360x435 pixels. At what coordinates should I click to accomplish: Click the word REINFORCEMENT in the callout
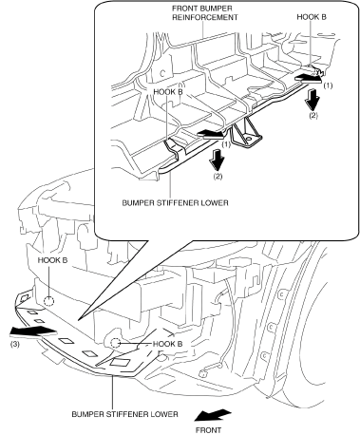pos(204,17)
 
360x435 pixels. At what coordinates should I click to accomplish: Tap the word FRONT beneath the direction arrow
pos(208,430)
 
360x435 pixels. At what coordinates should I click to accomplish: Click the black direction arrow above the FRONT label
pos(213,415)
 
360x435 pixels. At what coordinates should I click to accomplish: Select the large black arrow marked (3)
pos(33,331)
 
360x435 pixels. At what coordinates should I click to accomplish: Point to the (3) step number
pos(15,344)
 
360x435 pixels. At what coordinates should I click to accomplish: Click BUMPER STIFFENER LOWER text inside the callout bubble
pos(175,202)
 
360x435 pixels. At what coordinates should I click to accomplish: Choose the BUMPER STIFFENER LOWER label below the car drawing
pos(124,414)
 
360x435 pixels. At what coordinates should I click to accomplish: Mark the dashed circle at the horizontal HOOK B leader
pos(116,343)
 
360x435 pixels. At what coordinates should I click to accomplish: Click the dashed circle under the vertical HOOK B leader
pos(49,301)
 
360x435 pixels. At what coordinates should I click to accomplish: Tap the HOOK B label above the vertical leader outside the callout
pos(52,260)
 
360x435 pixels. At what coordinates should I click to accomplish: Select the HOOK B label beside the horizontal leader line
pos(167,344)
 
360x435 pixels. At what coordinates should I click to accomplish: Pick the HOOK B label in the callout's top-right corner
pos(312,17)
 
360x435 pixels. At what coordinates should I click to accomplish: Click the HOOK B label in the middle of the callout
pos(168,92)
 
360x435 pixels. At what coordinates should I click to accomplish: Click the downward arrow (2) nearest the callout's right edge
pos(313,100)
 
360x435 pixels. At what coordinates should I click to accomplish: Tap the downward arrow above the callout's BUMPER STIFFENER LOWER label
pos(218,161)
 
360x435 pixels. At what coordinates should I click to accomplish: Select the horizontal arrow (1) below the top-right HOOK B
pos(308,78)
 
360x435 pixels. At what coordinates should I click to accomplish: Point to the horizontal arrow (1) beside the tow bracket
pos(210,134)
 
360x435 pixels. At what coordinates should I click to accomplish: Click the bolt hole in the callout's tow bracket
pos(249,139)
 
